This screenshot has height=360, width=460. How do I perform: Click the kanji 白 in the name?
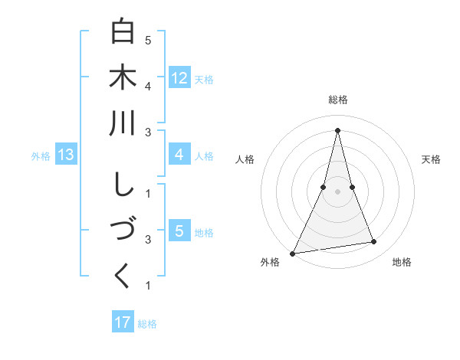[123, 33]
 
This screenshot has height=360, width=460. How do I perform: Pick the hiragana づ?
[123, 231]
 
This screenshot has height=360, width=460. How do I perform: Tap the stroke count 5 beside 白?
[148, 39]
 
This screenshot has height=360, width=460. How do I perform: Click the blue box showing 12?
[179, 78]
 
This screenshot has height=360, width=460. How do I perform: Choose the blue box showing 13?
[65, 155]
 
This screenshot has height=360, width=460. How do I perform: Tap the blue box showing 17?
[123, 322]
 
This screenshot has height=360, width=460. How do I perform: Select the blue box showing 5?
[179, 231]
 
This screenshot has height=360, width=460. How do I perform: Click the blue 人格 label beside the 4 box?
[204, 155]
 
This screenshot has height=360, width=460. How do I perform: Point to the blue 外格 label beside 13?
[41, 156]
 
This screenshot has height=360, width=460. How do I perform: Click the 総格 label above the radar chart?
[338, 100]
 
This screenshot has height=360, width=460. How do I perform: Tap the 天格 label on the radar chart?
[432, 159]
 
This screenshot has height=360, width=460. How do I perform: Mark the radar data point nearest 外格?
[292, 253]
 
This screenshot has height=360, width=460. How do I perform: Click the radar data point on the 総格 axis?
[338, 130]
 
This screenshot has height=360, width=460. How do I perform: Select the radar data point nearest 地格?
[374, 242]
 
